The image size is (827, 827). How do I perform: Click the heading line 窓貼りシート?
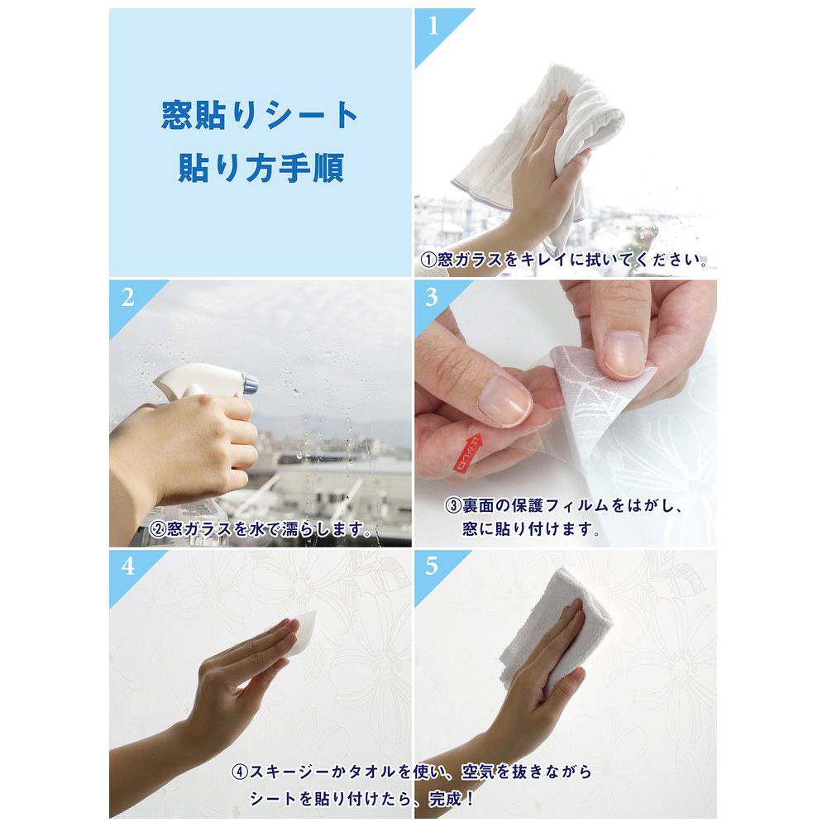coord(260,115)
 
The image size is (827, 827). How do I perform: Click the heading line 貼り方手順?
coord(261,168)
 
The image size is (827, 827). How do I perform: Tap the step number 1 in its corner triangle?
coord(433,26)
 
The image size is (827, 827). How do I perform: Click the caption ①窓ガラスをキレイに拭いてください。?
coord(564,260)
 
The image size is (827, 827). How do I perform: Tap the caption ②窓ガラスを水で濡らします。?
coord(261,528)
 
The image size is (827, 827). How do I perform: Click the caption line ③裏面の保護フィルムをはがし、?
coord(564,506)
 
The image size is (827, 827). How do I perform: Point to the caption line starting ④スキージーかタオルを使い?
coord(411,772)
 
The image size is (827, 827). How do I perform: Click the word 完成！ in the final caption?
coord(452,799)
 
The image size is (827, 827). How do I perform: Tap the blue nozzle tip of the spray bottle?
coord(251,384)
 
